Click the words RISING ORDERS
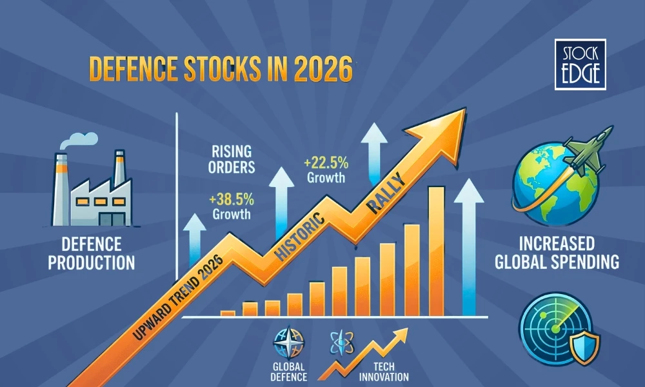[233, 159]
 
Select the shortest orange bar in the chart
[228, 313]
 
